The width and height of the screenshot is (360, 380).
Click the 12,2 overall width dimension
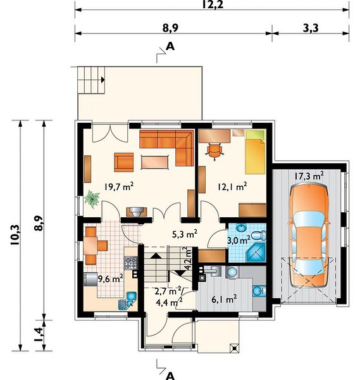click(x=213, y=4)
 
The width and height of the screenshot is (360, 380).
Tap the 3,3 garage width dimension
click(x=311, y=28)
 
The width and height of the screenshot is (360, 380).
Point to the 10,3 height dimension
click(x=15, y=234)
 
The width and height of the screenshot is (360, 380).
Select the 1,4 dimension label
click(x=39, y=334)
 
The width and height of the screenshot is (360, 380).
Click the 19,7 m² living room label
click(x=119, y=187)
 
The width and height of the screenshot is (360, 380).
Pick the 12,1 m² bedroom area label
click(x=232, y=187)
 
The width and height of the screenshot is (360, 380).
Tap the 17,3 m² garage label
click(x=309, y=176)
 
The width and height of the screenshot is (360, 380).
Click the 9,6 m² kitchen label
click(x=110, y=279)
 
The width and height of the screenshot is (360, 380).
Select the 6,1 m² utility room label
click(x=224, y=300)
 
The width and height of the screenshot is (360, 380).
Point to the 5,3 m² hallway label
click(x=185, y=234)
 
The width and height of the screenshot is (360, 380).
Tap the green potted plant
click(x=92, y=199)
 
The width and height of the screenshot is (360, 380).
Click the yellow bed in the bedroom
click(x=255, y=152)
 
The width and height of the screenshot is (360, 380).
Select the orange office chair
click(x=214, y=151)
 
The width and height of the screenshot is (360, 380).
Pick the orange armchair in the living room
click(x=124, y=162)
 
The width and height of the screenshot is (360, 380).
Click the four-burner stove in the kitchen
click(x=131, y=263)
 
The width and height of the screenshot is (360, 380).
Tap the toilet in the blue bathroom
click(x=258, y=236)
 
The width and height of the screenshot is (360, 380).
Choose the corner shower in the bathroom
click(x=256, y=253)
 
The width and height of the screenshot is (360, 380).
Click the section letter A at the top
click(x=170, y=46)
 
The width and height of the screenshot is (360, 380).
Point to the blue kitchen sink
click(x=132, y=296)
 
